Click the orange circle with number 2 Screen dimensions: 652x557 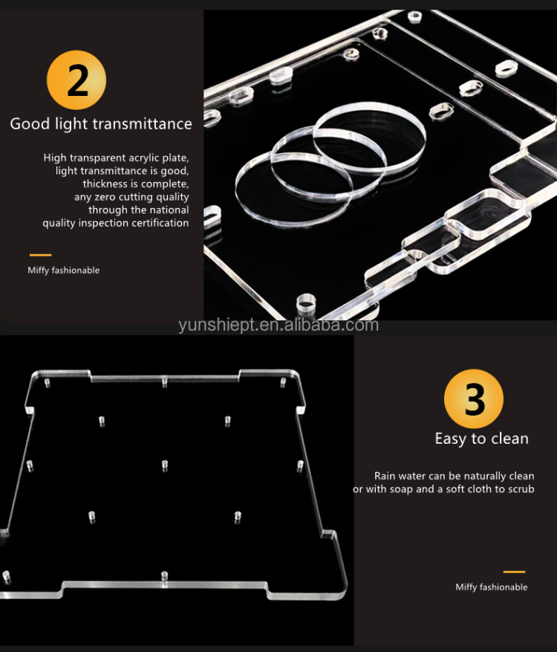[76, 80]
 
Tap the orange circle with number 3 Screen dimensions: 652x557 [474, 398]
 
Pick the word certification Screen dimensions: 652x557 [160, 223]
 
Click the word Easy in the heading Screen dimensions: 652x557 [450, 439]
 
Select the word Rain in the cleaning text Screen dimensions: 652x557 [384, 476]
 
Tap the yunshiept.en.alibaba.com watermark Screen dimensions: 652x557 [278, 326]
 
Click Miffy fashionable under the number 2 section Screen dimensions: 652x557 [63, 271]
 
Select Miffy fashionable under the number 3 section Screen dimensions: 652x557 [492, 587]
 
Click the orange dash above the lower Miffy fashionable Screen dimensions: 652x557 [514, 572]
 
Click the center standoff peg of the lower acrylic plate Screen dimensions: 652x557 [164, 465]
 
